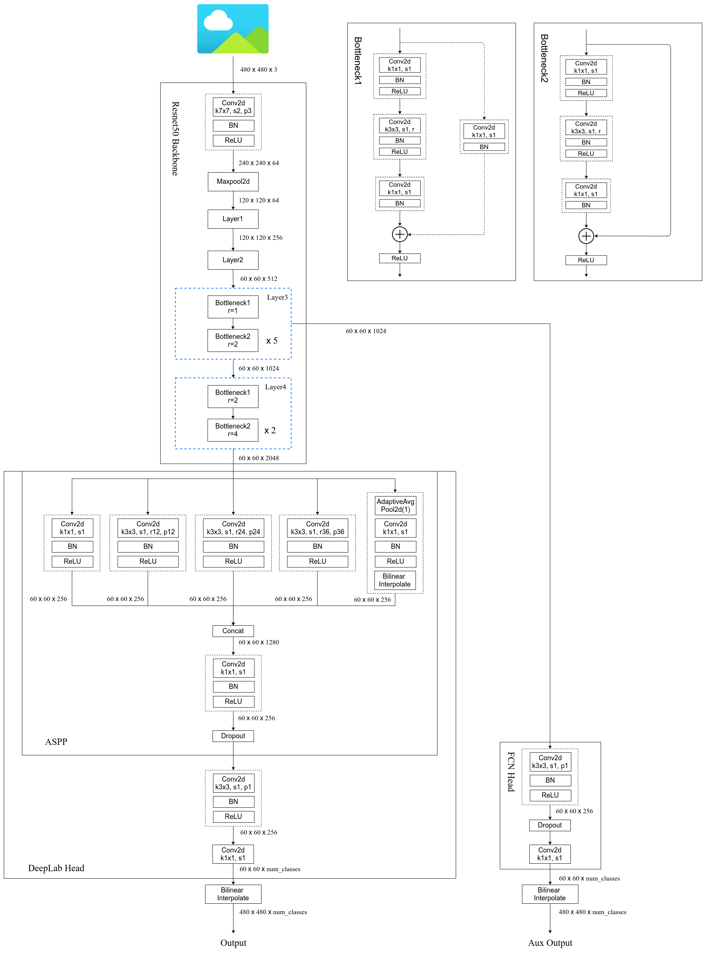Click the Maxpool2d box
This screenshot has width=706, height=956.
pos(233,182)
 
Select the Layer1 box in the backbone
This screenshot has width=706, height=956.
pos(233,219)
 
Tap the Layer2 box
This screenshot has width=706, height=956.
pos(233,260)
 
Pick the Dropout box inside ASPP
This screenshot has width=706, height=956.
pos(233,736)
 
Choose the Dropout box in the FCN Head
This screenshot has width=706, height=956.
pos(549,825)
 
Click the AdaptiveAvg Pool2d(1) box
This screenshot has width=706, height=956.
pos(395,505)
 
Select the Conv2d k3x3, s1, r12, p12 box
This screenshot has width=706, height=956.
pos(148,528)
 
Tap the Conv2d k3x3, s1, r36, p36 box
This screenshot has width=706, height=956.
pos(318,528)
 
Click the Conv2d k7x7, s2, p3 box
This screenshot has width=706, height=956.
pos(233,107)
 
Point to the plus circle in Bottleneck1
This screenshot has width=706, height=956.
pos(400,234)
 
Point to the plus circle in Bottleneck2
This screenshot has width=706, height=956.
pos(586,236)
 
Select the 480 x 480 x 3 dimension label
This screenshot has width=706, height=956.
pos(258,69)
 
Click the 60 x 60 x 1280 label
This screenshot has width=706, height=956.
pos(258,642)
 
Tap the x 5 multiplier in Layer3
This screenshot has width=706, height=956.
pos(272,341)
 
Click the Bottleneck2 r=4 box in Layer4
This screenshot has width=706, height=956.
pos(233,430)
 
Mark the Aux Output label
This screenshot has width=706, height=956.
pos(550,943)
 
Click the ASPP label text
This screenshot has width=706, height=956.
pos(56,742)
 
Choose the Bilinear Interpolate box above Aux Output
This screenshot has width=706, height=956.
pos(549,894)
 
